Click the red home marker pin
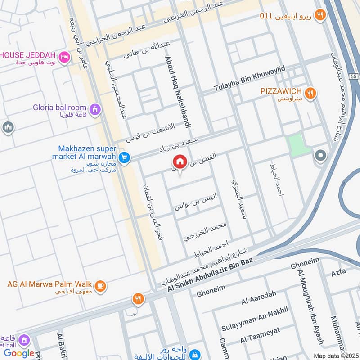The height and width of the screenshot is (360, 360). point(180,162)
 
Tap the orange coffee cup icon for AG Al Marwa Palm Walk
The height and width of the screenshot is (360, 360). point(100,285)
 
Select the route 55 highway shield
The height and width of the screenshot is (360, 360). point(354,77)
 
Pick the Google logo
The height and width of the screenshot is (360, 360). point(19,353)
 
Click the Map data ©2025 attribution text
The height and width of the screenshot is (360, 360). point(335,355)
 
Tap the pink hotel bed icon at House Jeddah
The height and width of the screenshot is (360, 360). point(64,57)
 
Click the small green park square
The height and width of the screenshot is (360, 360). point(298,145)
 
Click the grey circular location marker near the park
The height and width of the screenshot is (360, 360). point(320,156)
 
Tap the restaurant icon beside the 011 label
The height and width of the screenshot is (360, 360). point(320,15)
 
